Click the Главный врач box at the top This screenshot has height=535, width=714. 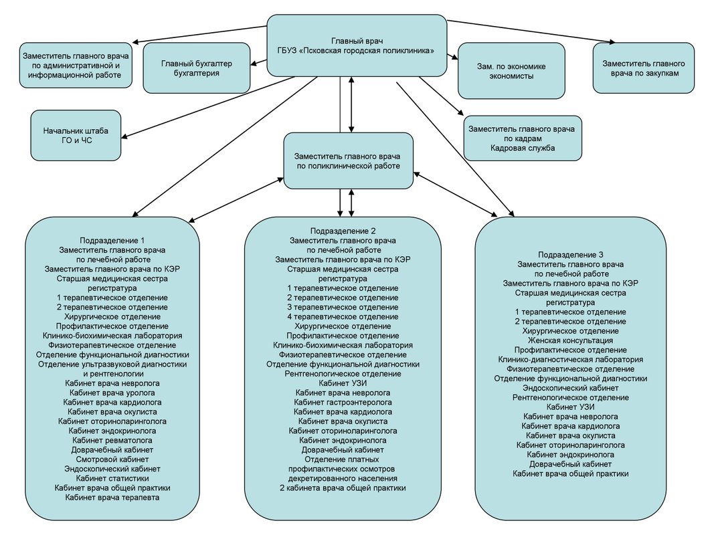click(357, 45)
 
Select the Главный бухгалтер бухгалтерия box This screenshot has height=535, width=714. click(196, 68)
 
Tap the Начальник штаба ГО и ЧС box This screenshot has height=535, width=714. click(76, 135)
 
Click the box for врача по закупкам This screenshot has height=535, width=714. click(642, 68)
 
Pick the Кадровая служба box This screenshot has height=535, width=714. click(523, 138)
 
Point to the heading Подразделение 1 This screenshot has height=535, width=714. click(112, 240)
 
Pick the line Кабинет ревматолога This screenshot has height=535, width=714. click(112, 441)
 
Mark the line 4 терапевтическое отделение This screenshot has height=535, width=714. click(343, 316)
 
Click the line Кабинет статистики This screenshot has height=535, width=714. click(112, 478)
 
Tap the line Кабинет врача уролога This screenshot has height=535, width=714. click(112, 393)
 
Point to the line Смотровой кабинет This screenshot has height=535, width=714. click(112, 459)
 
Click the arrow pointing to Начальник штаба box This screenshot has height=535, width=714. click(127, 136)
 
